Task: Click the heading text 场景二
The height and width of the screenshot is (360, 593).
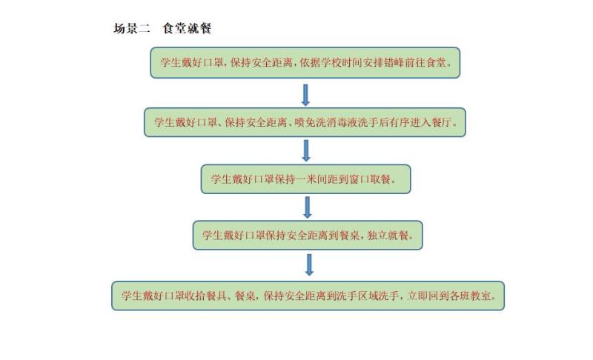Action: click(x=132, y=28)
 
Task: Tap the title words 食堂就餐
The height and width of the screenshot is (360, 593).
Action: click(x=187, y=28)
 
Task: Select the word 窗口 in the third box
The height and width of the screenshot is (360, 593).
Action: click(x=359, y=179)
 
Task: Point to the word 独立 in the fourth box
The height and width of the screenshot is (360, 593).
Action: click(x=377, y=236)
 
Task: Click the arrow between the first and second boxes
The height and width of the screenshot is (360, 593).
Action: click(x=305, y=95)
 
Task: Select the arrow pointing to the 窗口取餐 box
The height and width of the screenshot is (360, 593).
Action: click(x=306, y=150)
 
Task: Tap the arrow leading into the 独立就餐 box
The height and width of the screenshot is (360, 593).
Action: click(x=308, y=207)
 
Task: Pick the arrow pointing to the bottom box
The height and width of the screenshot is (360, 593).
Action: click(x=309, y=264)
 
